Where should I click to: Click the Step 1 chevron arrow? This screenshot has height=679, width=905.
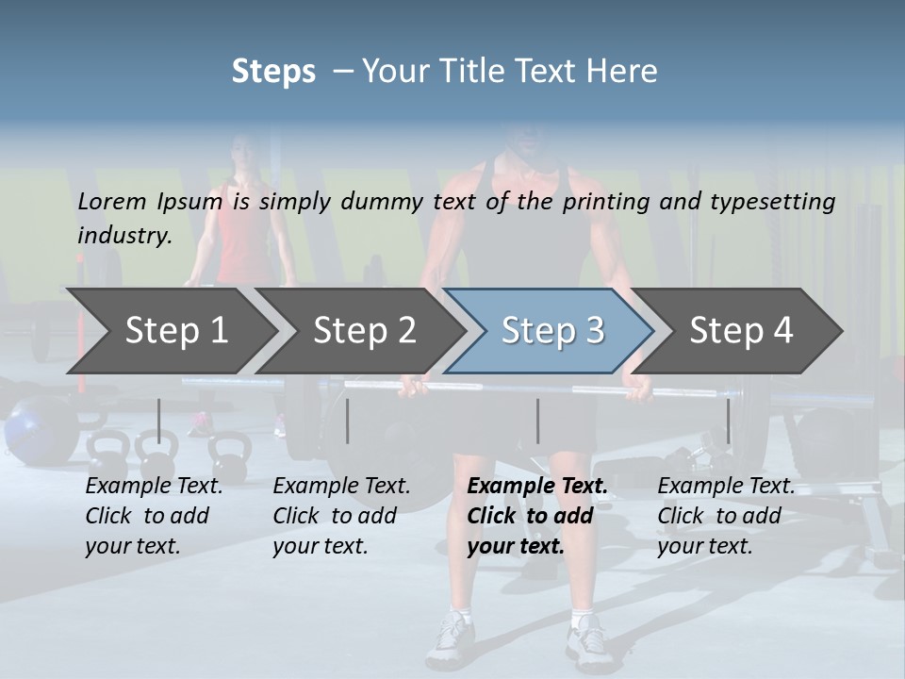[170, 330]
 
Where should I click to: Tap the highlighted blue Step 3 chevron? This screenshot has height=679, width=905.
[551, 330]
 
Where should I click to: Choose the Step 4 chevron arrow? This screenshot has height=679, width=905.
[741, 330]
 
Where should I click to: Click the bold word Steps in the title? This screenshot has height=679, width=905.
[273, 72]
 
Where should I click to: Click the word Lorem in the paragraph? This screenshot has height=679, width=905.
[112, 201]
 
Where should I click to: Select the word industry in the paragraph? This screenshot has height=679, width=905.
[124, 235]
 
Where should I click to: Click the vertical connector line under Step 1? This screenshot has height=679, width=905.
[159, 421]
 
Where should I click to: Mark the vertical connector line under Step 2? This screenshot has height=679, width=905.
[348, 421]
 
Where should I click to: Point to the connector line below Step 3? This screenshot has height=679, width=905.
[537, 421]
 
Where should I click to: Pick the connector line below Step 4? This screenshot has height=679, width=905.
[728, 421]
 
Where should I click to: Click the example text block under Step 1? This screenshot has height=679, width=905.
[154, 516]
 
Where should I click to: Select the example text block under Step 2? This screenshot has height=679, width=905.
[341, 516]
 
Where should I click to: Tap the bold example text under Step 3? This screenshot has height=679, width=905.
[535, 516]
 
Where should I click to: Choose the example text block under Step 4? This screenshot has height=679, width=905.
[726, 516]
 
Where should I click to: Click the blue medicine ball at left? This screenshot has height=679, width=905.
[33, 424]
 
